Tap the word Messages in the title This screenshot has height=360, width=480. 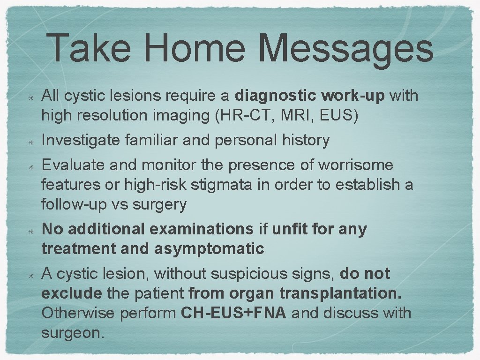(x=345, y=49)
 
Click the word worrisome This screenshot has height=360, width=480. (x=356, y=165)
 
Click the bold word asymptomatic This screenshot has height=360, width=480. (x=209, y=249)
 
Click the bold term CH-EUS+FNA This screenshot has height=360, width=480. (x=233, y=313)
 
